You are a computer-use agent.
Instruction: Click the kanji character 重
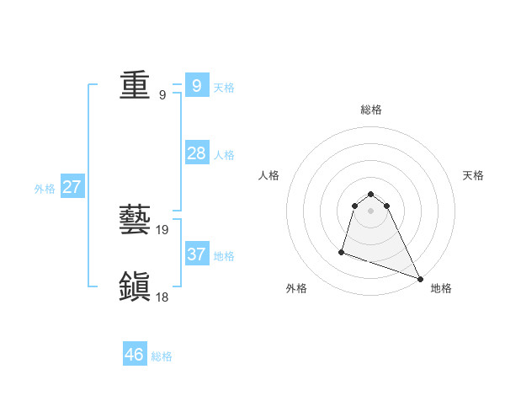tap(135, 86)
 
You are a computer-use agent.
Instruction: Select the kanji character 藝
tap(135, 222)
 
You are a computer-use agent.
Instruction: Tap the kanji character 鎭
tap(135, 286)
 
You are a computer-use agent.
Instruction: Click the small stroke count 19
tap(163, 229)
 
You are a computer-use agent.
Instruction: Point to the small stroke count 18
tap(163, 296)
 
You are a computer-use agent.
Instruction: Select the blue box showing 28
tap(196, 153)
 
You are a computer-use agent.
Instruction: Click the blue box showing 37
tap(196, 254)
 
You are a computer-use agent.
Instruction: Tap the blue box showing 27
tap(72, 187)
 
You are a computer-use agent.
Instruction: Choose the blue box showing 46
tap(135, 355)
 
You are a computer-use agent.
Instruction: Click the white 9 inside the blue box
tap(196, 85)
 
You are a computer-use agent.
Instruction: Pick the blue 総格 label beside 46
tap(162, 356)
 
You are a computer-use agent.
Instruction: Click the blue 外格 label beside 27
tap(45, 189)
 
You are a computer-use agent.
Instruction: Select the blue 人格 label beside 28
tap(224, 155)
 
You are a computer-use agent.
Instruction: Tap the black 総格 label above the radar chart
tap(371, 110)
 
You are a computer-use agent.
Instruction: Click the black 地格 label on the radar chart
tap(441, 288)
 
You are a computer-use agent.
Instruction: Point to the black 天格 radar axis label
tap(473, 175)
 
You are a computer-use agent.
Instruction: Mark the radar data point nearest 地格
tap(420, 279)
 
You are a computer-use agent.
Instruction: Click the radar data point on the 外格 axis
tap(342, 251)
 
